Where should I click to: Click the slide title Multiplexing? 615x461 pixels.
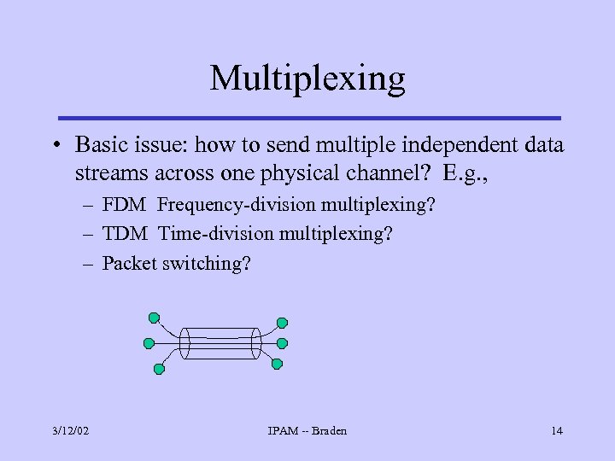coord(307,79)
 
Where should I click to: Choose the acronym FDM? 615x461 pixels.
coord(126,205)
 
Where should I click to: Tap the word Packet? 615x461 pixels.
coord(128,263)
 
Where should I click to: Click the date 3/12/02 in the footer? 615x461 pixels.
coord(69,430)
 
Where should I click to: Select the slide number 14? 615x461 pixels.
coord(556,430)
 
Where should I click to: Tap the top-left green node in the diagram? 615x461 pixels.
coord(154,318)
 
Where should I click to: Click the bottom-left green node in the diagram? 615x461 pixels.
coord(158,369)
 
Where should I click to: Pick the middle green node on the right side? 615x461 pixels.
coord(283,343)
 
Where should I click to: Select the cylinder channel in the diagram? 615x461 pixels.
coord(220,342)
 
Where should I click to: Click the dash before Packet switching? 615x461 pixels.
coord(89,264)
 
